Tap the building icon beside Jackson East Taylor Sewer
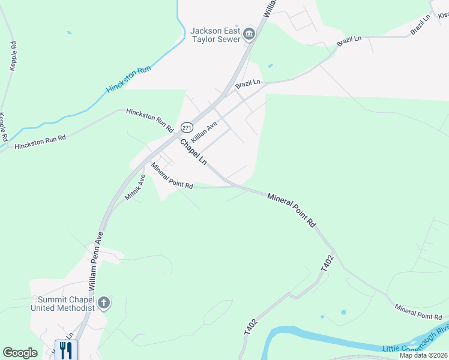click(x=250, y=35)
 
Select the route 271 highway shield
click(x=187, y=128)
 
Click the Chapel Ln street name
click(x=193, y=151)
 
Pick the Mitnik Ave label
click(x=135, y=187)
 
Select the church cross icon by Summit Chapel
click(x=104, y=303)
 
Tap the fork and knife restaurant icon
click(x=66, y=350)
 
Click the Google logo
click(x=20, y=353)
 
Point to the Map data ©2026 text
click(x=424, y=355)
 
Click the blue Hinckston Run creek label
click(x=128, y=79)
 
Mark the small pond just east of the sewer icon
click(x=270, y=65)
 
